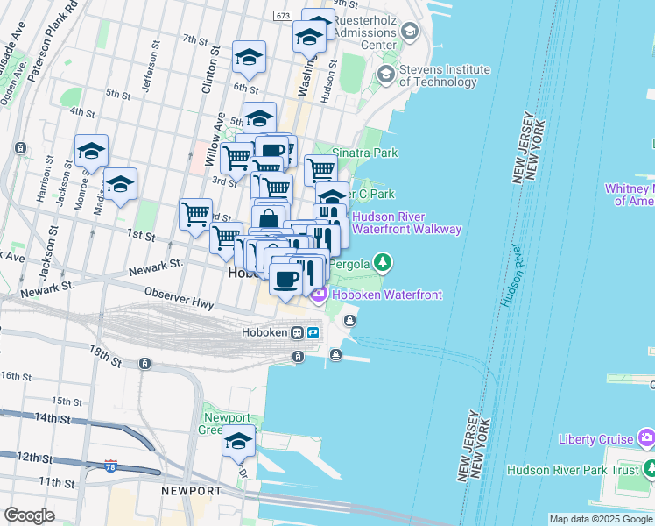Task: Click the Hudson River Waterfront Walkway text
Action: (x=406, y=223)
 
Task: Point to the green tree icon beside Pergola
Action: (x=382, y=262)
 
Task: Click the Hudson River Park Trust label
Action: (x=574, y=470)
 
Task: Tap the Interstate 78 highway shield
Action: (x=110, y=465)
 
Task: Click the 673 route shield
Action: (x=282, y=16)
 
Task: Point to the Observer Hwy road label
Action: (x=179, y=297)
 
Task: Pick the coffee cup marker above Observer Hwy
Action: (x=286, y=280)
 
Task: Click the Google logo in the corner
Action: (x=29, y=515)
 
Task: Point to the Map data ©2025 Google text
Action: (x=601, y=519)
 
